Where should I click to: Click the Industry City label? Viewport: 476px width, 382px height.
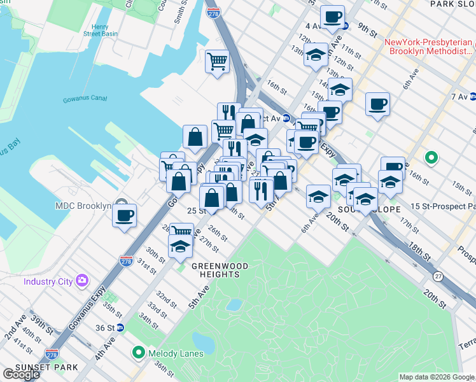(48, 281)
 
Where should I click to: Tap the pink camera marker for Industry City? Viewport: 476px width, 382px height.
(81, 280)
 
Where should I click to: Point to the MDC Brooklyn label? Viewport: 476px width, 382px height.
(83, 206)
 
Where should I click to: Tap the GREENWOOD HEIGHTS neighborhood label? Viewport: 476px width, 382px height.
(216, 270)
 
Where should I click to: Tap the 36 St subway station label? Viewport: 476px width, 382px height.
(106, 327)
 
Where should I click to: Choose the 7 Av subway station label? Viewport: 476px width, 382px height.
(458, 97)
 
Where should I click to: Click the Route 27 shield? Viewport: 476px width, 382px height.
(438, 276)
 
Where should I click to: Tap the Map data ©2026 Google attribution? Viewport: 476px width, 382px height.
(437, 377)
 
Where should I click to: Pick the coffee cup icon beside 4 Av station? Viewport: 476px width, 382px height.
(332, 17)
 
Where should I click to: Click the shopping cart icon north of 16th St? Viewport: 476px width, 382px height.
(218, 62)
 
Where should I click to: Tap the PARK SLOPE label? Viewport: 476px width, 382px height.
(452, 4)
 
